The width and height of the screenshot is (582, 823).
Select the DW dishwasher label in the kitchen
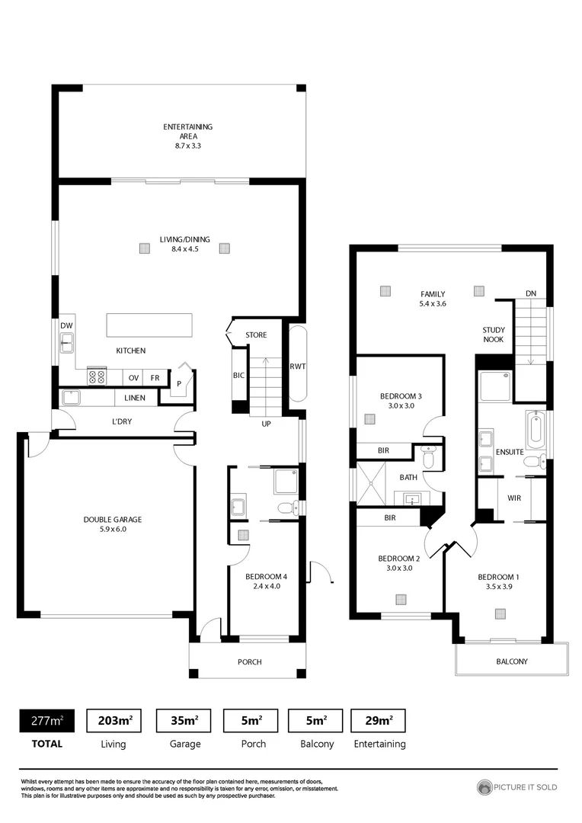coord(66,325)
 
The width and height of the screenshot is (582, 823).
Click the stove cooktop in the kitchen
coord(98,376)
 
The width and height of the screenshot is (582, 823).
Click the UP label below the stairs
coord(267,423)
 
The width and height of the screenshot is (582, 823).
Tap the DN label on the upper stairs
coord(530,293)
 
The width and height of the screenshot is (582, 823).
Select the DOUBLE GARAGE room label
coord(113,524)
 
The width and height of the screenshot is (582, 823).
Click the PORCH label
coord(249,661)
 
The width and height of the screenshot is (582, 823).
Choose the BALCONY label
coord(511,661)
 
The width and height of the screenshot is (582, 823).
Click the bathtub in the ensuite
coord(536,431)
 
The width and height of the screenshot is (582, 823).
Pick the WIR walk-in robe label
coord(513,498)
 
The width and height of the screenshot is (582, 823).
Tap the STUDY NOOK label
coord(493,335)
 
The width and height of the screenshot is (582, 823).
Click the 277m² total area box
coord(47,720)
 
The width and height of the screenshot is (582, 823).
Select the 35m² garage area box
coord(183,720)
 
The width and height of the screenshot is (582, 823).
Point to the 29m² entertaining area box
coord(379,720)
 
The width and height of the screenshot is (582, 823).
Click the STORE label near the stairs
coord(256,335)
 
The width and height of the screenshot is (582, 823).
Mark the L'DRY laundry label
coord(123,421)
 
